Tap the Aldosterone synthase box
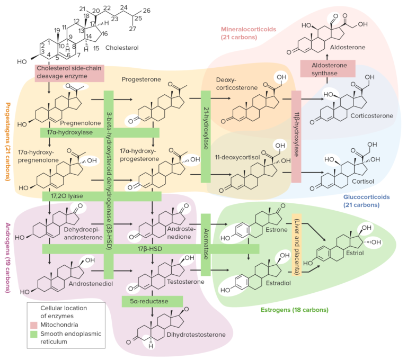point(327,68)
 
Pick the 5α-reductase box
point(152,301)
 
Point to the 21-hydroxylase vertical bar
point(206,137)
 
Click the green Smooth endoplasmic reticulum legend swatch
point(34,334)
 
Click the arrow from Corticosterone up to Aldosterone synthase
point(327,80)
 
